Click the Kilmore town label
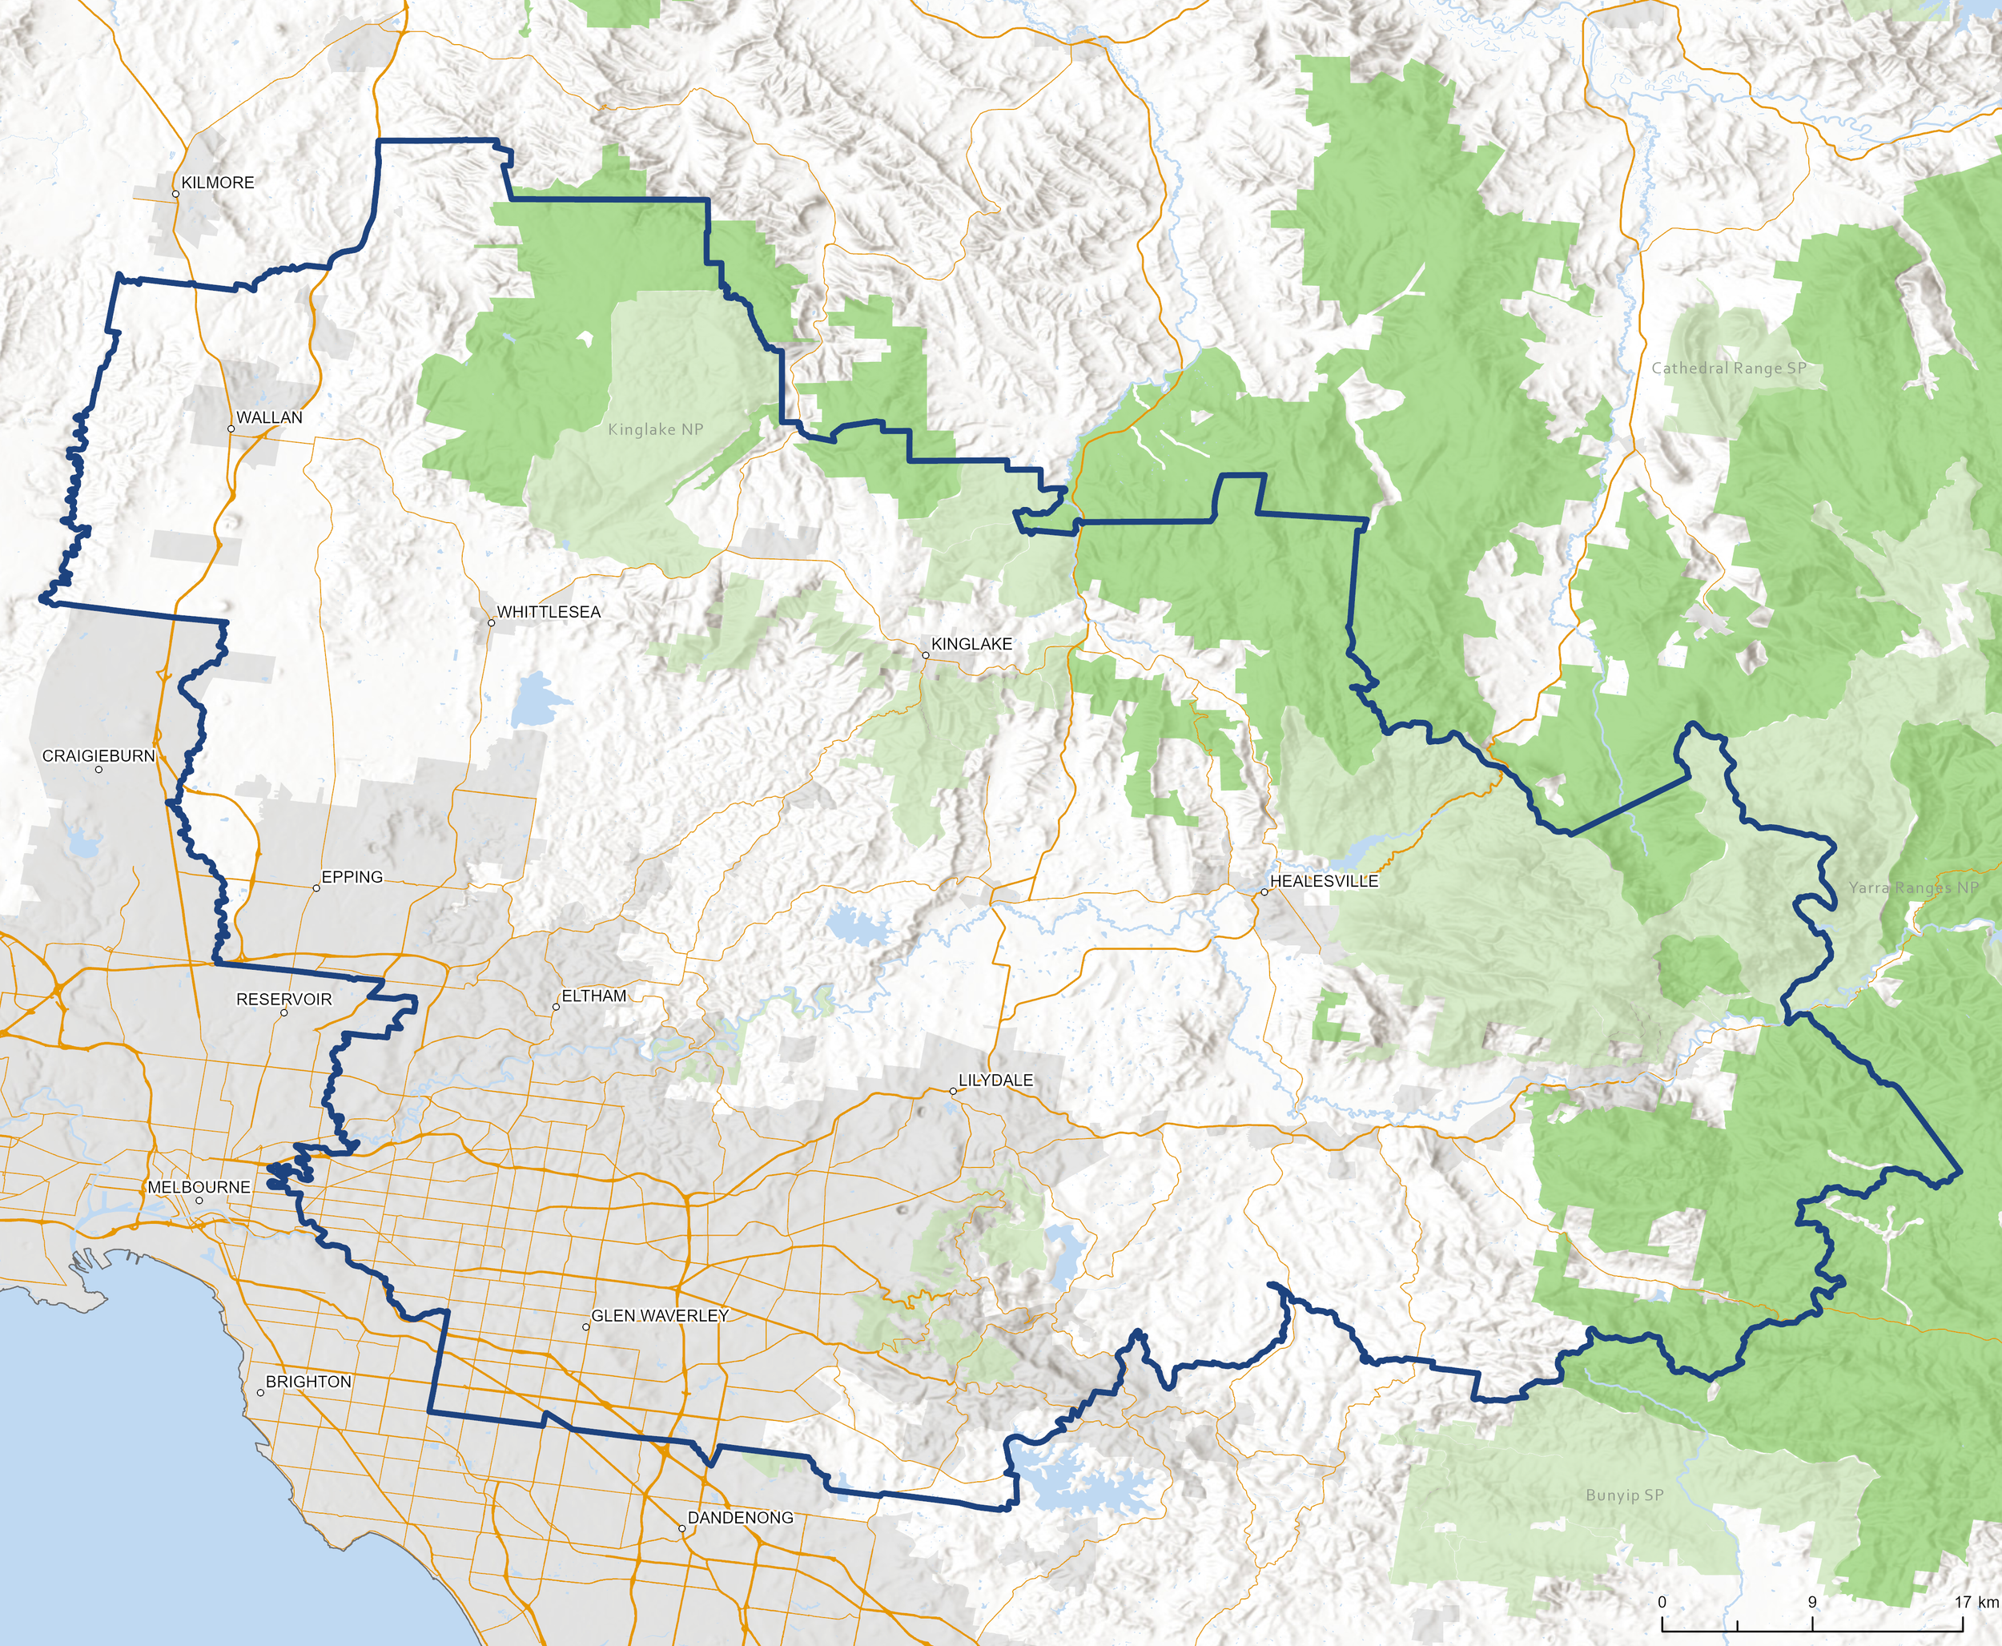click(217, 182)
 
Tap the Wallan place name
click(269, 417)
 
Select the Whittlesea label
click(549, 612)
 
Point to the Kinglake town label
click(971, 644)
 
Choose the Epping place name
click(352, 877)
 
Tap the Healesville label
click(1325, 881)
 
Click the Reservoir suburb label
click(283, 1000)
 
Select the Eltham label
click(594, 996)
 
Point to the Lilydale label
click(995, 1080)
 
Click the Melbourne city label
click(199, 1187)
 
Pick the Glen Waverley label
click(660, 1315)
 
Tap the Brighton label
click(308, 1382)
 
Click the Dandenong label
click(740, 1517)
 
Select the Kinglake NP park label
click(656, 429)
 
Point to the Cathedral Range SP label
click(1729, 368)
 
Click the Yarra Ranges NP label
click(1914, 887)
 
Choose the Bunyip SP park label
click(1625, 1495)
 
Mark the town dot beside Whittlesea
click(491, 623)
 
